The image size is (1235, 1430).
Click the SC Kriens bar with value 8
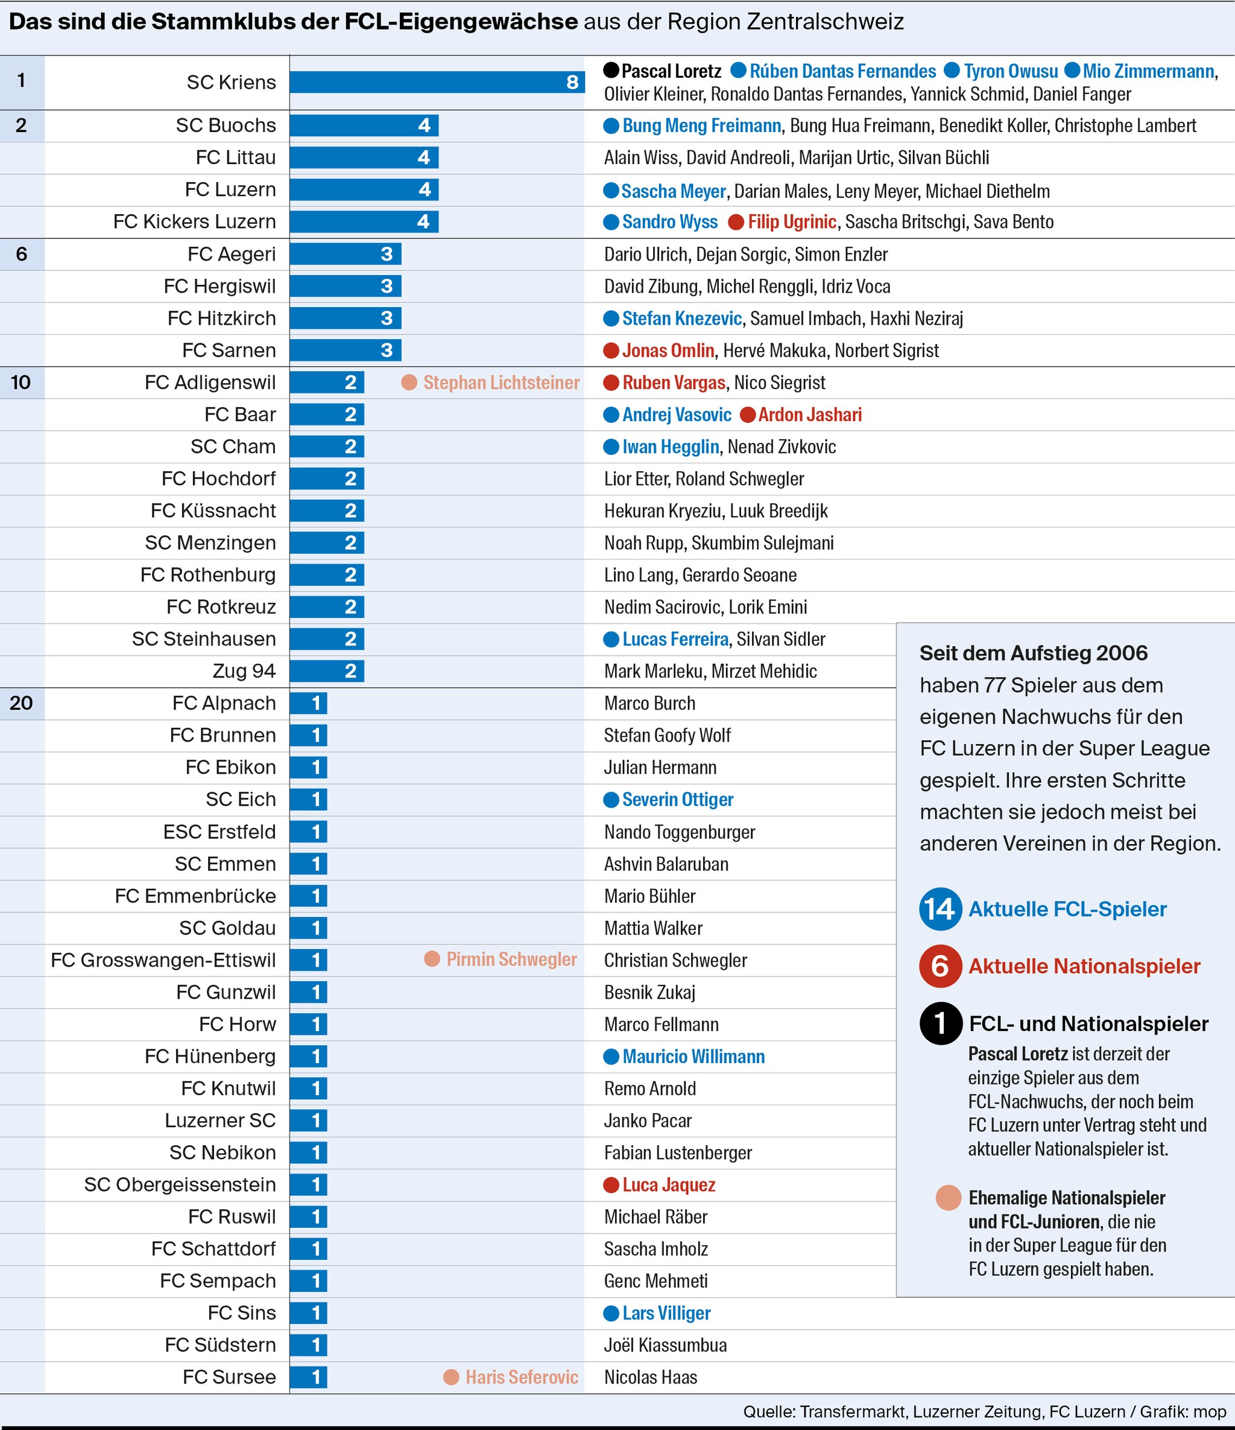pos(437,82)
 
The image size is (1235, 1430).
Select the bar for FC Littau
pos(364,157)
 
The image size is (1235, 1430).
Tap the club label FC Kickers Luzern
pos(195,221)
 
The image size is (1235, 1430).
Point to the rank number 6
pos(21,254)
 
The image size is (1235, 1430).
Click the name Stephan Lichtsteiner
pos(501,383)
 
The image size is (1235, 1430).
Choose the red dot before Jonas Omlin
pos(611,351)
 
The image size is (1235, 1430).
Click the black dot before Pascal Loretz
pos(611,71)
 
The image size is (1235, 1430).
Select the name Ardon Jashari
pos(809,415)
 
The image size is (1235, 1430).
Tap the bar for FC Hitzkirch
pos(345,318)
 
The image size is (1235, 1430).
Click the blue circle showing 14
pos(940,909)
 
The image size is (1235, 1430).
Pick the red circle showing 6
pos(940,966)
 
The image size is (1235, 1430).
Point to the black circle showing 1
pos(940,1023)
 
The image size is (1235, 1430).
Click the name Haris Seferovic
pos(522,1378)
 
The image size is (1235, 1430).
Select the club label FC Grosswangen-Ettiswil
pos(163,960)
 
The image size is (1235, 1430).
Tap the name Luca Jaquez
pos(669,1185)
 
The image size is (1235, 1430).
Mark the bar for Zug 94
pos(326,671)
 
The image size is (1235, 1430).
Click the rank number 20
pos(21,704)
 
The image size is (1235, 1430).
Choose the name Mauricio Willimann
pos(693,1057)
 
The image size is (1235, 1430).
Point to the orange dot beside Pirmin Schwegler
pos(432,959)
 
